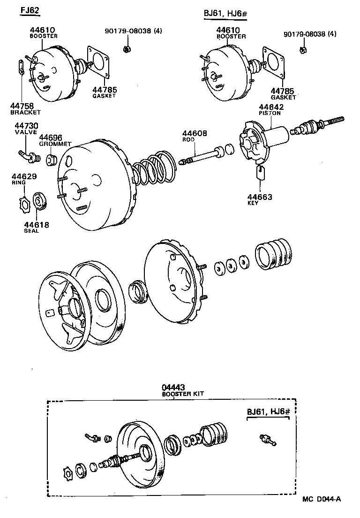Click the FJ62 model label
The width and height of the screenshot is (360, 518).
click(x=30, y=10)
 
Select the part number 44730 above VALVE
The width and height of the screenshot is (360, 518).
click(x=26, y=126)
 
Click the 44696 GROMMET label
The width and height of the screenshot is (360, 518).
click(x=50, y=137)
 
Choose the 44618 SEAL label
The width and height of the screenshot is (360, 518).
click(x=37, y=225)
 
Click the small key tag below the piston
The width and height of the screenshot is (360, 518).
click(x=262, y=174)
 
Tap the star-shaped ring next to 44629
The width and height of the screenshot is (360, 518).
click(x=23, y=204)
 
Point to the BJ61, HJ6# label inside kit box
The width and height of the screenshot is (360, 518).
click(x=266, y=412)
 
